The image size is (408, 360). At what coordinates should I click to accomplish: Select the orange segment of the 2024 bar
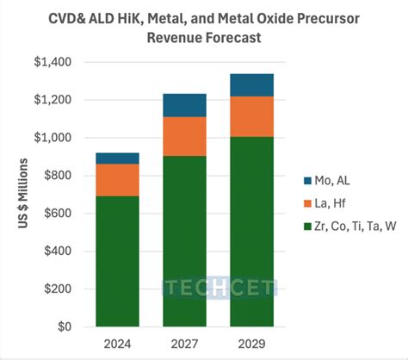(x=118, y=179)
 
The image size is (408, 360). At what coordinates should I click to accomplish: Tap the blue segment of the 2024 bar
(x=118, y=158)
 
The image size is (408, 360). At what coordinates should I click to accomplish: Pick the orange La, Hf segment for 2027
(x=185, y=136)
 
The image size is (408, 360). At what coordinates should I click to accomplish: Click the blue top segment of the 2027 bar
(x=185, y=105)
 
